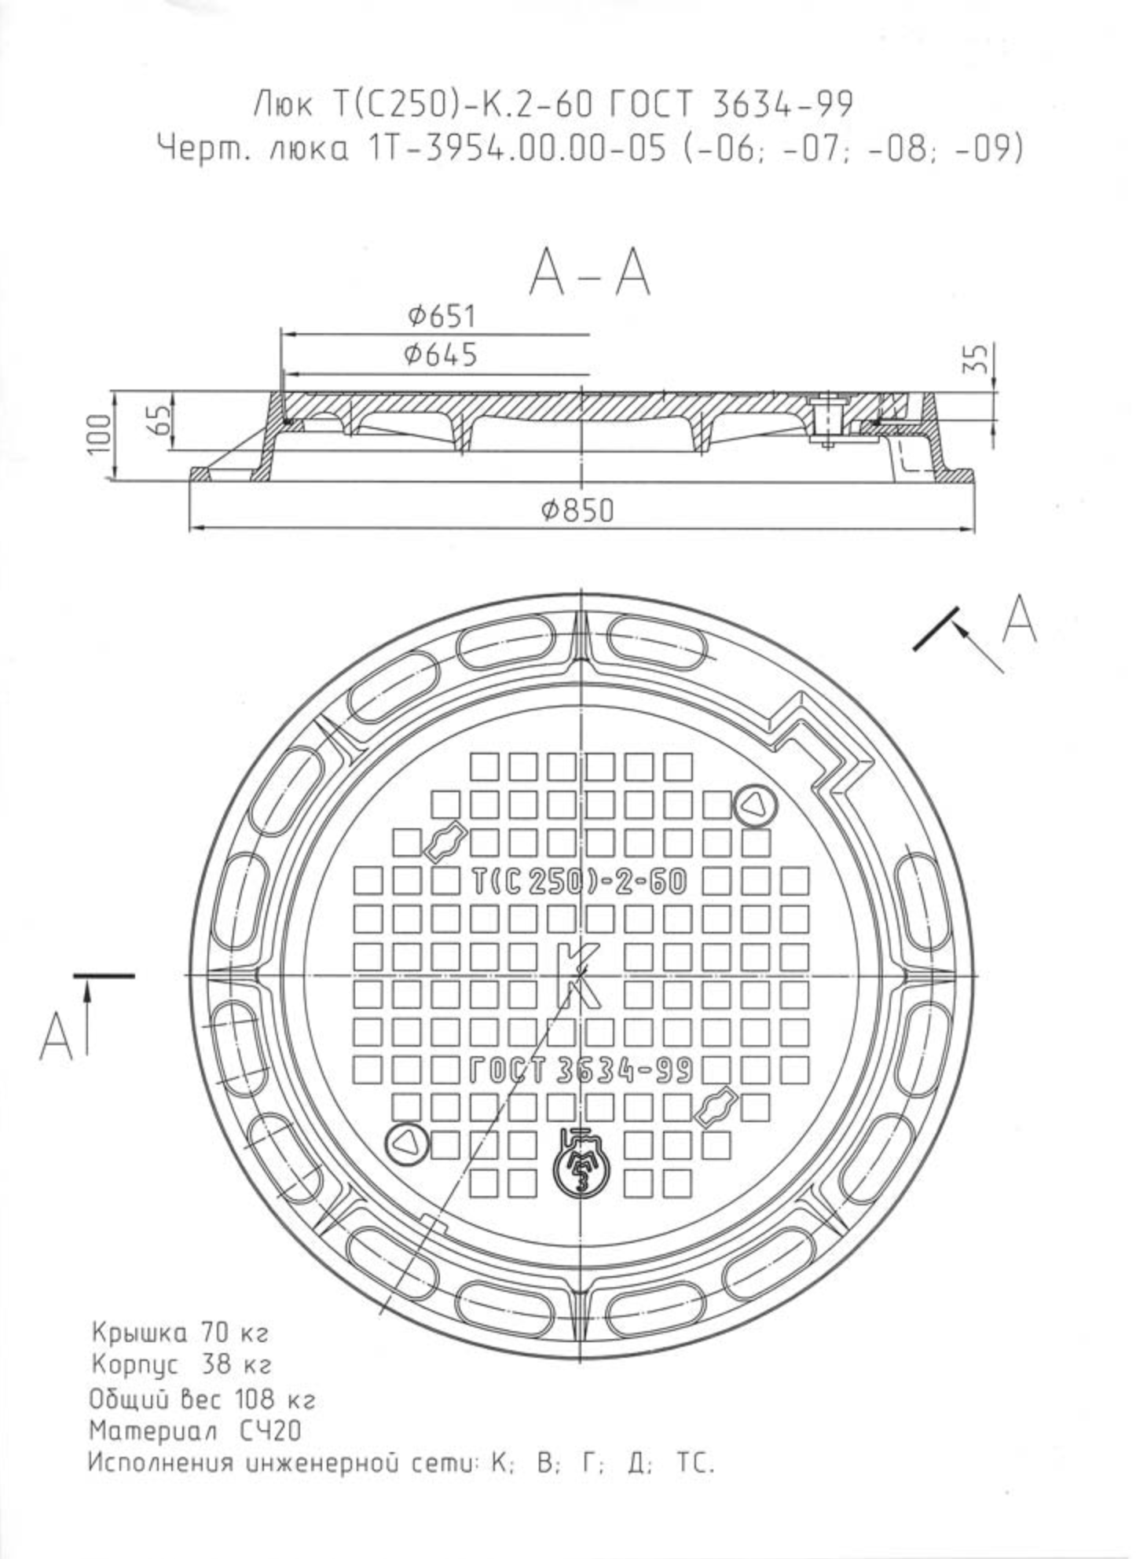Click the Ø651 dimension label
442,316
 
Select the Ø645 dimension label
441,355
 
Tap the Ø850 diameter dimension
577,511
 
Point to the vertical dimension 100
100,433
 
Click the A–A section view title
590,273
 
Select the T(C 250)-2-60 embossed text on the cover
580,882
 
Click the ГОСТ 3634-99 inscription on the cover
581,1070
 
